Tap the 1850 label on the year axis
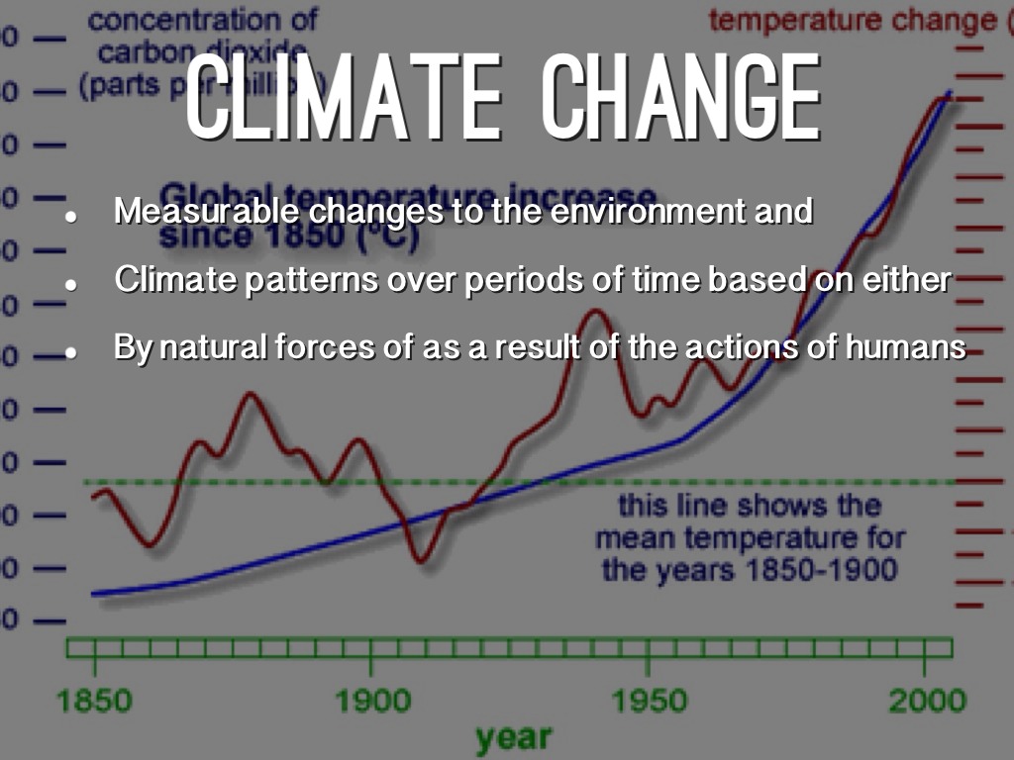click(x=94, y=702)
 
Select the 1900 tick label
click(x=371, y=702)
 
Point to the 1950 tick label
click(x=650, y=702)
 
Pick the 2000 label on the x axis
click(x=926, y=702)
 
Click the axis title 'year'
click(x=513, y=737)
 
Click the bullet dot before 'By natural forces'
click(x=71, y=351)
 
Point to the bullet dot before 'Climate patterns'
click(x=71, y=283)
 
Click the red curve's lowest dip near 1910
click(x=421, y=561)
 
